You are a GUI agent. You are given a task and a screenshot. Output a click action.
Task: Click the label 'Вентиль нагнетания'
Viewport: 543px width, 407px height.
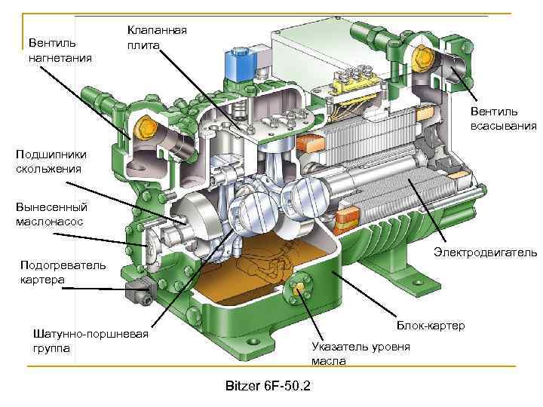tap(60, 49)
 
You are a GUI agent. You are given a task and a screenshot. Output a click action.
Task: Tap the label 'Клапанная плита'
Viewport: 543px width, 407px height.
tap(157, 38)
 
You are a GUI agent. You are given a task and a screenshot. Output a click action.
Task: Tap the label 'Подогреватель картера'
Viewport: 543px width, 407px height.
tap(53, 273)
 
